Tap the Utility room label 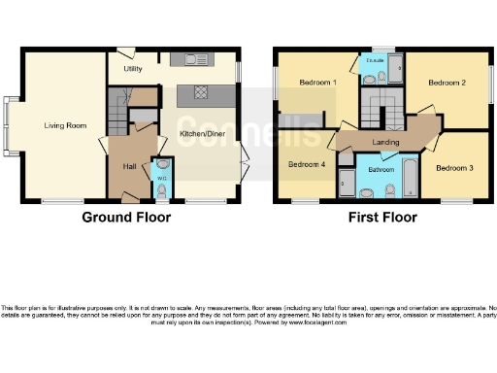pos(134,70)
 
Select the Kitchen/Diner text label pos(203,134)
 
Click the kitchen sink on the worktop pos(184,60)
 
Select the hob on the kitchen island pos(199,93)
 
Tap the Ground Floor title pos(126,218)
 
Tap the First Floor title pos(382,218)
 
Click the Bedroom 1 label pos(317,84)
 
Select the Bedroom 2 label pos(448,84)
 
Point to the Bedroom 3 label pos(453,168)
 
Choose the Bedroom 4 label pos(307,163)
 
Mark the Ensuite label pos(373,60)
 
